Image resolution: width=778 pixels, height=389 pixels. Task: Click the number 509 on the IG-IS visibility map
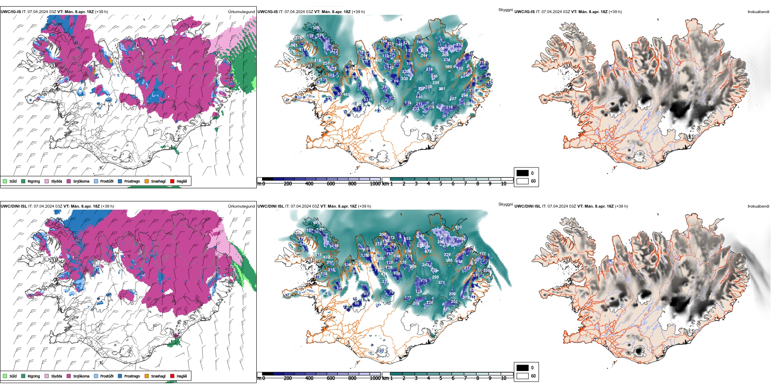pos(448,67)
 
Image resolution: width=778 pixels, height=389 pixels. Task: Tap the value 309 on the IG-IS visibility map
pos(316,28)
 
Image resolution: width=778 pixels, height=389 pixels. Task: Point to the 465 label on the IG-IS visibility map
pos(346,95)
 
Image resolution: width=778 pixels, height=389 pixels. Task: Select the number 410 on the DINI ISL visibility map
pos(458,227)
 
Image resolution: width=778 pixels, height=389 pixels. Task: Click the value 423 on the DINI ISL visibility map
pos(447,309)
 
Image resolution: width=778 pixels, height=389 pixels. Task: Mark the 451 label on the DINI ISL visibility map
pos(317,223)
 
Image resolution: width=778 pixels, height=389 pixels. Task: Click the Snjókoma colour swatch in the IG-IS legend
pos(69,181)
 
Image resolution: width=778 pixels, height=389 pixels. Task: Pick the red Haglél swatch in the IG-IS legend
pos(172,181)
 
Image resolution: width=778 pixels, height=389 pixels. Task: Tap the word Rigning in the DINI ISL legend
pos(34,376)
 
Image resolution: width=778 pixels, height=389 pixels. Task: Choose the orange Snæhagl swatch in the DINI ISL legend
pos(147,376)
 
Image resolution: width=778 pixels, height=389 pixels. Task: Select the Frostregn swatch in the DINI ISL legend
pos(120,376)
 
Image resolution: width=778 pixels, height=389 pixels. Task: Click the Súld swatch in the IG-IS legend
pos(5,181)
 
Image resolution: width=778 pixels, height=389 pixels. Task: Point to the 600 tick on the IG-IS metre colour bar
pos(330,184)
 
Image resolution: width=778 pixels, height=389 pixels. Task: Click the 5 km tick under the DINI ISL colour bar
pos(441,378)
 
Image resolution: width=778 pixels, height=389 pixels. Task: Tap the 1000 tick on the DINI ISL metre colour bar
pos(375,378)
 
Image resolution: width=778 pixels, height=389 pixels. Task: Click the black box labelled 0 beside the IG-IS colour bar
pos(522,173)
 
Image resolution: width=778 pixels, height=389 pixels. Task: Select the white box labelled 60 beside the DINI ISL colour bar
pos(522,375)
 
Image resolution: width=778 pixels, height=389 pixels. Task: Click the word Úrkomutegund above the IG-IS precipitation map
pos(241,12)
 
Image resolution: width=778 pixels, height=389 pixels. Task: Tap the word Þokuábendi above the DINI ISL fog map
pos(758,206)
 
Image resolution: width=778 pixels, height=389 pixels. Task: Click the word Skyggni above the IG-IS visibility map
pos(505,10)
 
